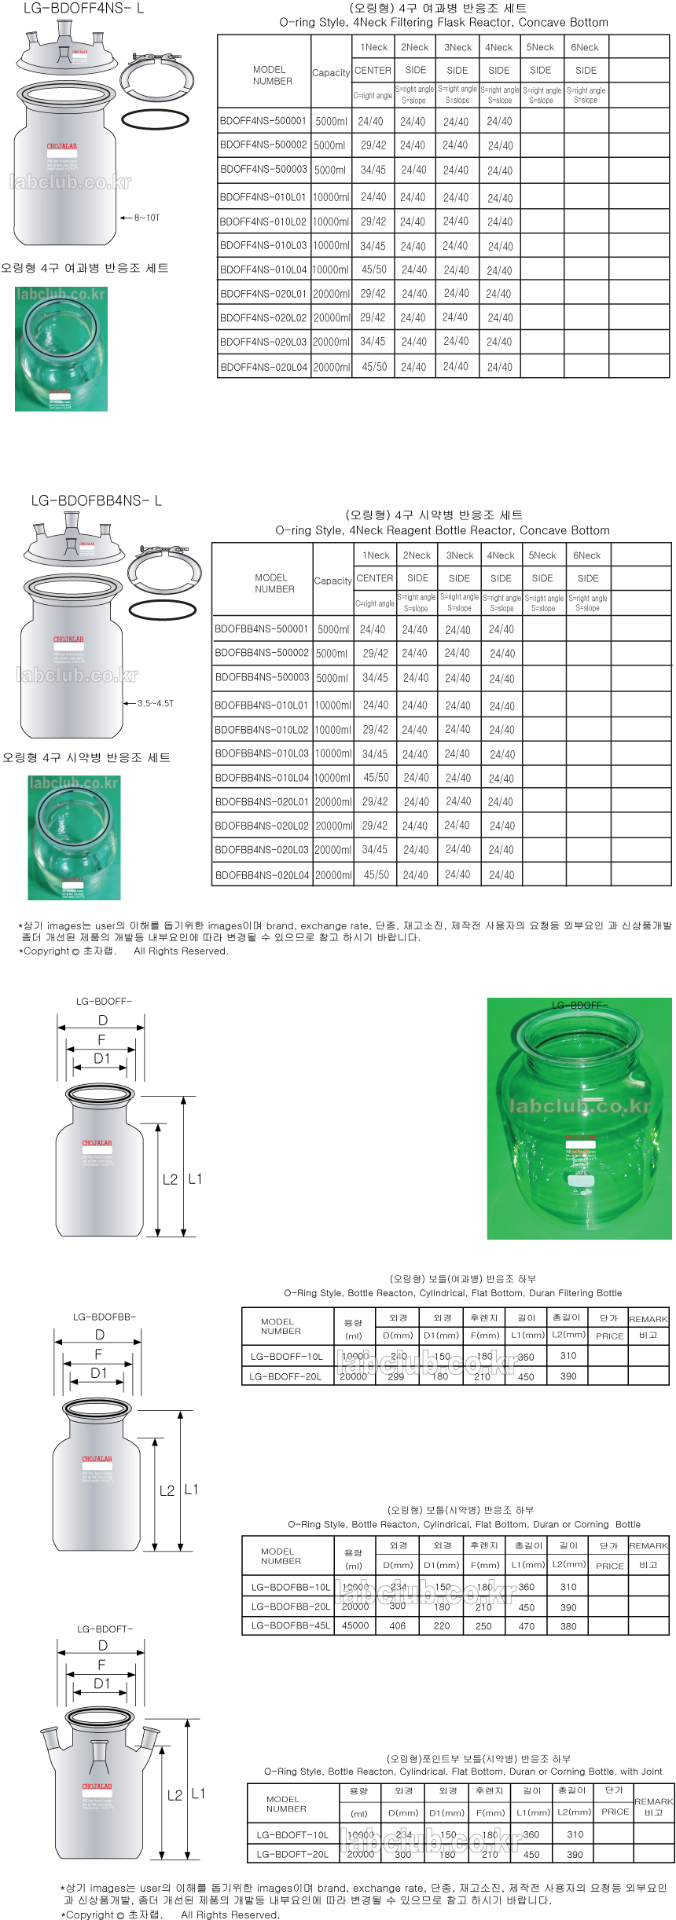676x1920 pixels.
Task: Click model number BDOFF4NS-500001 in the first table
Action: (x=263, y=121)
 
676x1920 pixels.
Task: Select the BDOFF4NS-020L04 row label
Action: (x=263, y=367)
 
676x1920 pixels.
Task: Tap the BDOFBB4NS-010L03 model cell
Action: (x=262, y=753)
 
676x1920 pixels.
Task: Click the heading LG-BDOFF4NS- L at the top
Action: (x=83, y=9)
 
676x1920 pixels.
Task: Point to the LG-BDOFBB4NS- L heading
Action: (x=96, y=500)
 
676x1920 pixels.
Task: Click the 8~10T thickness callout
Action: (x=146, y=218)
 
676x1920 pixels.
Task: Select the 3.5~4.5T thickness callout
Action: (x=156, y=703)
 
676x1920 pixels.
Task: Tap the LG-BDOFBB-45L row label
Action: (x=290, y=1625)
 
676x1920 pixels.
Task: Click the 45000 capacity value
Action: (x=355, y=1625)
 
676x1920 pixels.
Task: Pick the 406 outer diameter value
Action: (x=398, y=1626)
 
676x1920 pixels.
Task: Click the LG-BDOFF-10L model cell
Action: (x=286, y=1356)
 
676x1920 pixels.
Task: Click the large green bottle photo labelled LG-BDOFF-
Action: (x=579, y=1118)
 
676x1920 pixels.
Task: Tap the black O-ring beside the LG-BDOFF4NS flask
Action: (x=155, y=119)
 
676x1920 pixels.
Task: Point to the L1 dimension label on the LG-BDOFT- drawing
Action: (x=198, y=1794)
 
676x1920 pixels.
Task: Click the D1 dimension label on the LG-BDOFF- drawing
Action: (x=102, y=1058)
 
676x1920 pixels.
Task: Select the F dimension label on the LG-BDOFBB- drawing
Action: (x=98, y=1354)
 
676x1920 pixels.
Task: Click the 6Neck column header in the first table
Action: (x=584, y=47)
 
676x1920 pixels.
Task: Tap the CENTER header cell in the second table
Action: (x=374, y=578)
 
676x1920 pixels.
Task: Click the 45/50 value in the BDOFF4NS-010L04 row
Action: (x=373, y=269)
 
